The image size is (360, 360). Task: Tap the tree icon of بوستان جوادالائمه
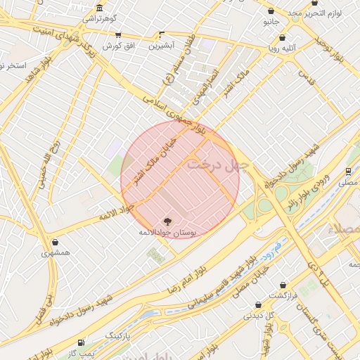coord(167,221)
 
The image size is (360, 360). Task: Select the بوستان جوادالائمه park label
coord(167,232)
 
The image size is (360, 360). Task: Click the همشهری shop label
coord(56,253)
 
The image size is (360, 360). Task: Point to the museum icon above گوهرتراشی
coord(99,8)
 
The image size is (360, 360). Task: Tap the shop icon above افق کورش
coord(117,35)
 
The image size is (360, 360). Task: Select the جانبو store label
coord(271,22)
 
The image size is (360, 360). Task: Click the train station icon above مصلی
coord(349,171)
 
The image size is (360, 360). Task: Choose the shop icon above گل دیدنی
coord(259,305)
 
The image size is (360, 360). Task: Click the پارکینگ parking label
coord(118,337)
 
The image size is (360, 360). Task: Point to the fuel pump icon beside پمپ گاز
coord(83,342)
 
